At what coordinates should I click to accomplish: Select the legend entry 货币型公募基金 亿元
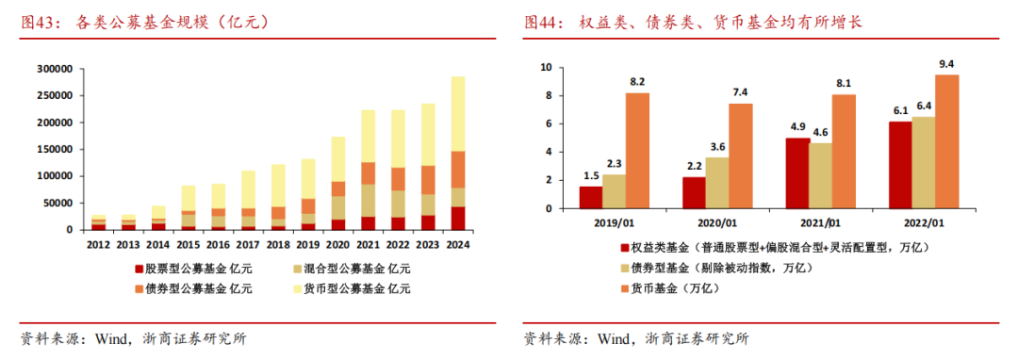click(x=354, y=289)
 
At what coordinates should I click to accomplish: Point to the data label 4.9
click(x=796, y=126)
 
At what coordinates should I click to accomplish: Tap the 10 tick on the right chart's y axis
click(x=544, y=68)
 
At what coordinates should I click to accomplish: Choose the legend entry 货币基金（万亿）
click(x=675, y=289)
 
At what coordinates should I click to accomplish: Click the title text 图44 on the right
click(x=544, y=23)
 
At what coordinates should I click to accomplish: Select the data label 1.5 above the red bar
click(x=591, y=174)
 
